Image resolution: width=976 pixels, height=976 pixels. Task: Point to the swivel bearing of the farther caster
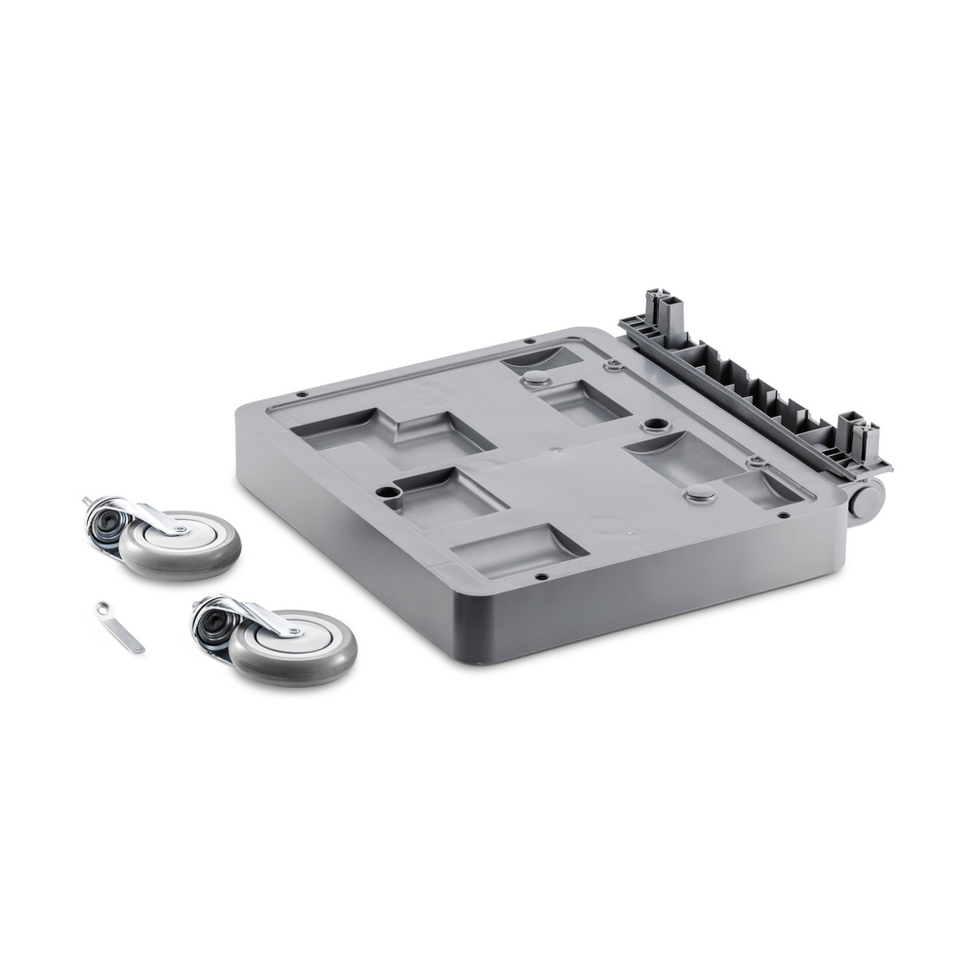(x=102, y=528)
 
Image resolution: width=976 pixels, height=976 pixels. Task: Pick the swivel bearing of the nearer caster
(x=210, y=627)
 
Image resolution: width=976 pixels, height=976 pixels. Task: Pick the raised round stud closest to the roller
(x=699, y=496)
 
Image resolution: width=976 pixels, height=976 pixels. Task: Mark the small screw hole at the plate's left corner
(x=302, y=395)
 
